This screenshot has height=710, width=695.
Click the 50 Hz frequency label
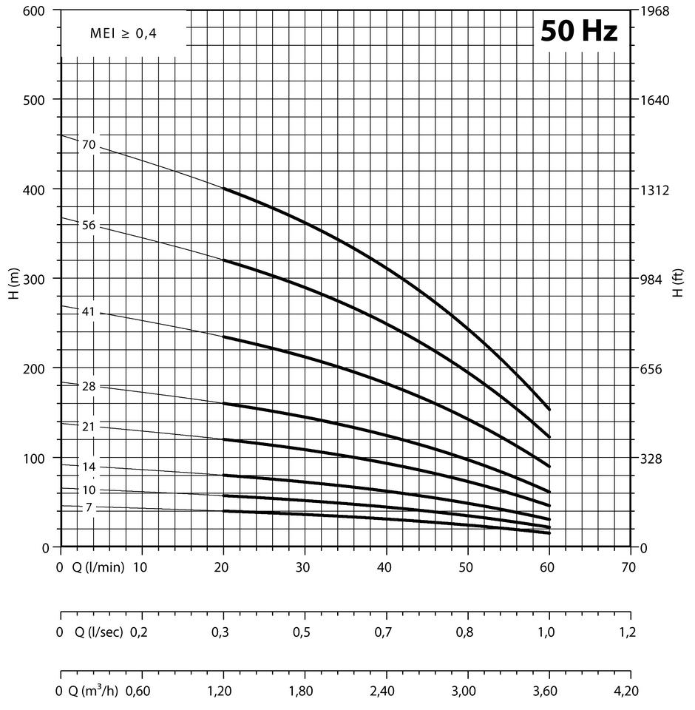click(579, 32)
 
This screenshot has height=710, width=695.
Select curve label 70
click(89, 145)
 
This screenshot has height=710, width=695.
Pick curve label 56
click(89, 226)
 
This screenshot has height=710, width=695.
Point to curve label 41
click(89, 312)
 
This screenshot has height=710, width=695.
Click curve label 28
click(89, 387)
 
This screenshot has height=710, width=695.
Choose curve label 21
click(89, 427)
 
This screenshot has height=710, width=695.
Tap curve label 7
click(89, 507)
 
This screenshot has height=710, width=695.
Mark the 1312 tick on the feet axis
click(655, 189)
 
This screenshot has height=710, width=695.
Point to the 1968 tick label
click(655, 11)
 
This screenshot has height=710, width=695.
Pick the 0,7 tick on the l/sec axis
click(384, 632)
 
